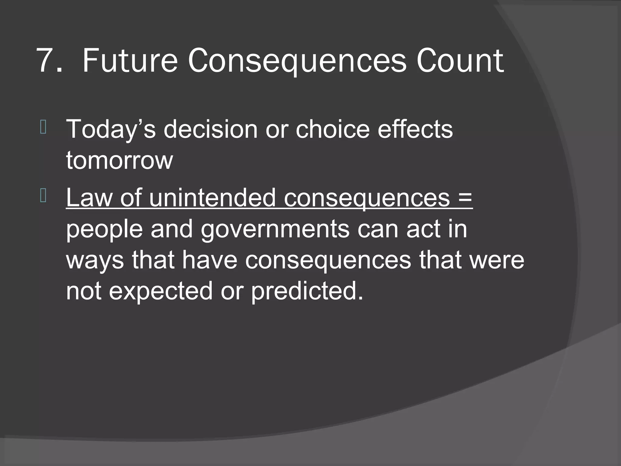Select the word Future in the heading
click(130, 61)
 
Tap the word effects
click(415, 129)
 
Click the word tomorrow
click(119, 160)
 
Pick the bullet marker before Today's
click(43, 127)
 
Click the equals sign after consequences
click(464, 198)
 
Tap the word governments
click(275, 229)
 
